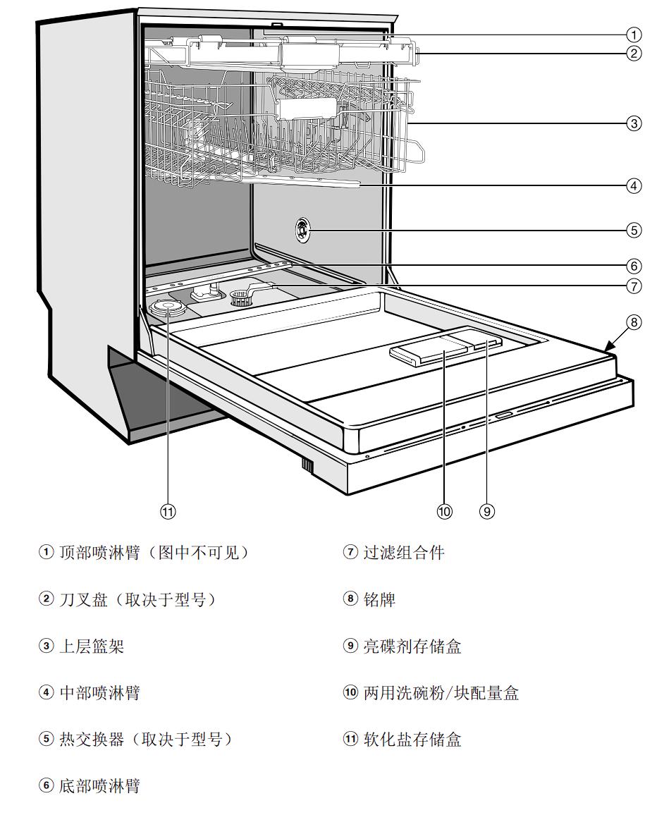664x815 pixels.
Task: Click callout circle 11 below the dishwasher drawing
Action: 167,512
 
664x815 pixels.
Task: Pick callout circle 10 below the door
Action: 444,512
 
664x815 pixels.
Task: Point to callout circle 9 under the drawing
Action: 487,512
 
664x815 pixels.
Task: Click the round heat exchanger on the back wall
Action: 302,228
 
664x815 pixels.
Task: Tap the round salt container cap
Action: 168,307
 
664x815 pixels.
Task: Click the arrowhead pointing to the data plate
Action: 606,348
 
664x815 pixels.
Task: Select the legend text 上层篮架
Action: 92,646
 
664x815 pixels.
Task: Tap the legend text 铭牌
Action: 379,599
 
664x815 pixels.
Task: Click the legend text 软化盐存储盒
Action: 412,740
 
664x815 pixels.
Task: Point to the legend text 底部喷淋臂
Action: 99,786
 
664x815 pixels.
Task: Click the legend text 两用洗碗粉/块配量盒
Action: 441,693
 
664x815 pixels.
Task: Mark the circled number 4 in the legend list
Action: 46,693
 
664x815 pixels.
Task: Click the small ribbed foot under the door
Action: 307,465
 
